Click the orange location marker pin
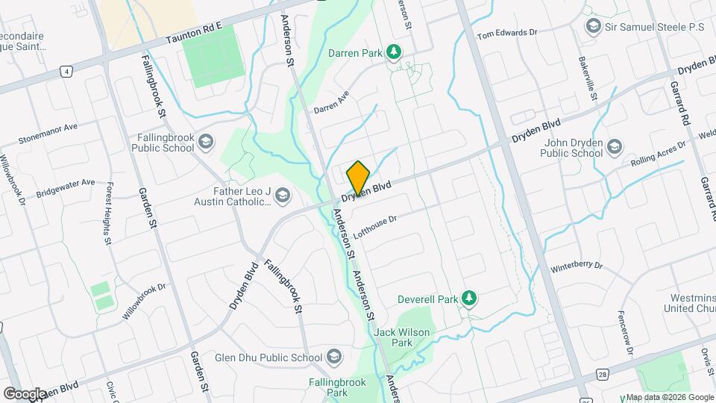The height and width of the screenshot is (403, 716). (x=358, y=178)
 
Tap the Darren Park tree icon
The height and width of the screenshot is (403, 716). (x=394, y=53)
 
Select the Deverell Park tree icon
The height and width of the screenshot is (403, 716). (x=468, y=299)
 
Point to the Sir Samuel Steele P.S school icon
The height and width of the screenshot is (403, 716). (x=594, y=27)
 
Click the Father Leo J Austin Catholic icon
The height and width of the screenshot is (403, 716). (x=282, y=196)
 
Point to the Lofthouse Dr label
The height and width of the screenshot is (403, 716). (x=377, y=225)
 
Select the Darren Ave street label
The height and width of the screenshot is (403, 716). (x=331, y=103)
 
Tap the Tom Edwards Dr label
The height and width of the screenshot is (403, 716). (x=507, y=34)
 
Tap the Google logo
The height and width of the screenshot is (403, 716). (x=24, y=393)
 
